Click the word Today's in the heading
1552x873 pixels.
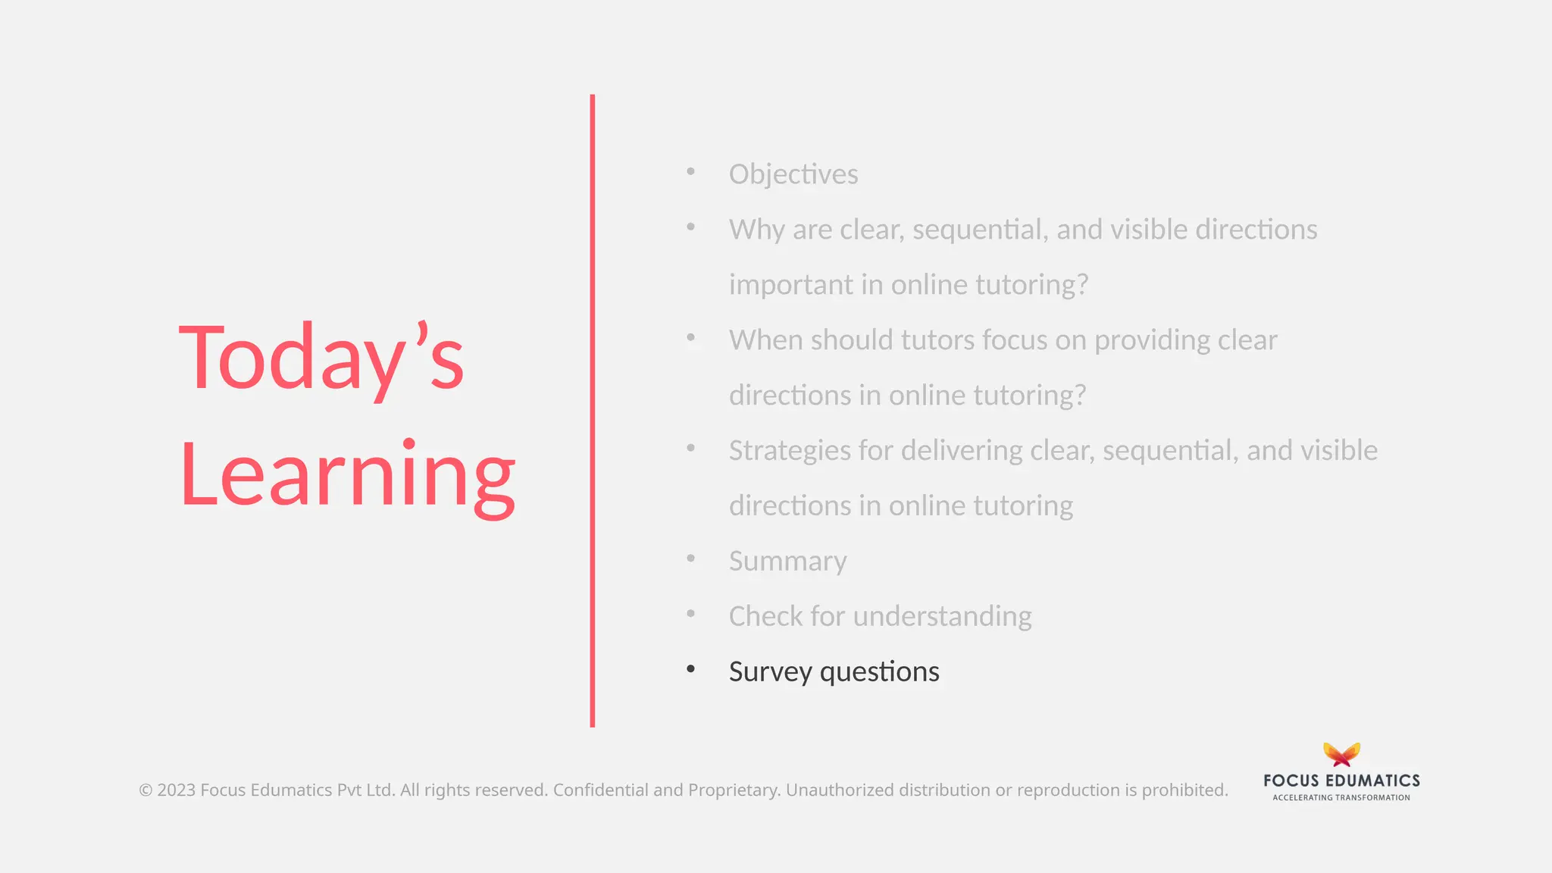pyautogui.click(x=321, y=357)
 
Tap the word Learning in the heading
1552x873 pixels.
pyautogui.click(x=348, y=475)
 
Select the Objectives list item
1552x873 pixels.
pyautogui.click(x=793, y=174)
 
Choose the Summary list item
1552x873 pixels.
pyautogui.click(x=787, y=562)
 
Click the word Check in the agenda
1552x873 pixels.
pyautogui.click(x=765, y=617)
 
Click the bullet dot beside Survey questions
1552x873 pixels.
pyautogui.click(x=690, y=669)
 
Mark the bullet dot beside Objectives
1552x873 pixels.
pyautogui.click(x=690, y=172)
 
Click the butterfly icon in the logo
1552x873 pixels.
pyautogui.click(x=1341, y=755)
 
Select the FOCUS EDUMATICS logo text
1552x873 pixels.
pyautogui.click(x=1341, y=781)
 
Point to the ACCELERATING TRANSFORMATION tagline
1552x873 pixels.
pyautogui.click(x=1341, y=797)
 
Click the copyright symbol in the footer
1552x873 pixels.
pyautogui.click(x=145, y=790)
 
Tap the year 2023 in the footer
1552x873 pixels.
pyautogui.click(x=176, y=790)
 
